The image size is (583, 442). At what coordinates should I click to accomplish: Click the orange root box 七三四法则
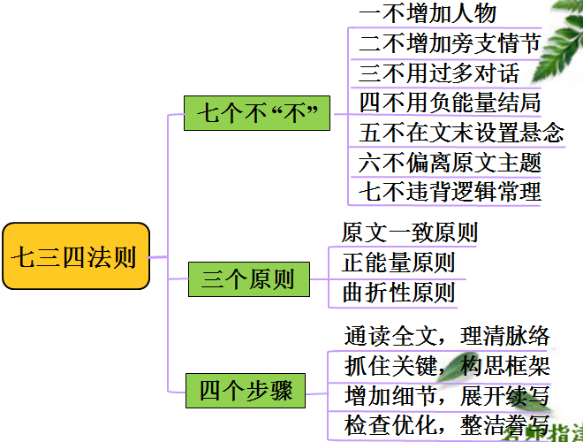click(x=74, y=257)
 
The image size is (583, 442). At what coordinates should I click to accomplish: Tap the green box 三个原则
click(x=248, y=280)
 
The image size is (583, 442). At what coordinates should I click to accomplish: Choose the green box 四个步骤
click(x=246, y=390)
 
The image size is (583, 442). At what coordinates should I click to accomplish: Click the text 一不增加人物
click(x=428, y=13)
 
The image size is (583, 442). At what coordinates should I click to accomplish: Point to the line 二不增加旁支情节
click(x=450, y=42)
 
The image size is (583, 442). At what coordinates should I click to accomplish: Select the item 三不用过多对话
click(x=439, y=72)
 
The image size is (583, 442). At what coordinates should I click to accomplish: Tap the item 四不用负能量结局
click(x=450, y=103)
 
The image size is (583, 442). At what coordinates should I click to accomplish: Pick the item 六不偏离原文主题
click(x=450, y=163)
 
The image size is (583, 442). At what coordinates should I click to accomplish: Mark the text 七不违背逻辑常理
click(x=450, y=191)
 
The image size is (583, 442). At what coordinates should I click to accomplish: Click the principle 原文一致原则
click(x=410, y=233)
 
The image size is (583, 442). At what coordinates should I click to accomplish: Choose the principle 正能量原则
click(x=398, y=263)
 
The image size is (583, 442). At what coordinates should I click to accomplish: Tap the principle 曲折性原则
click(x=398, y=293)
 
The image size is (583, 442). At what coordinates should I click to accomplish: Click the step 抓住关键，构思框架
click(x=446, y=366)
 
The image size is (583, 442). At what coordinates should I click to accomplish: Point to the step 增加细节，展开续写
click(x=446, y=395)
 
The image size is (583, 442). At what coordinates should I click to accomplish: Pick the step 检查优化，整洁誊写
click(x=446, y=425)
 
